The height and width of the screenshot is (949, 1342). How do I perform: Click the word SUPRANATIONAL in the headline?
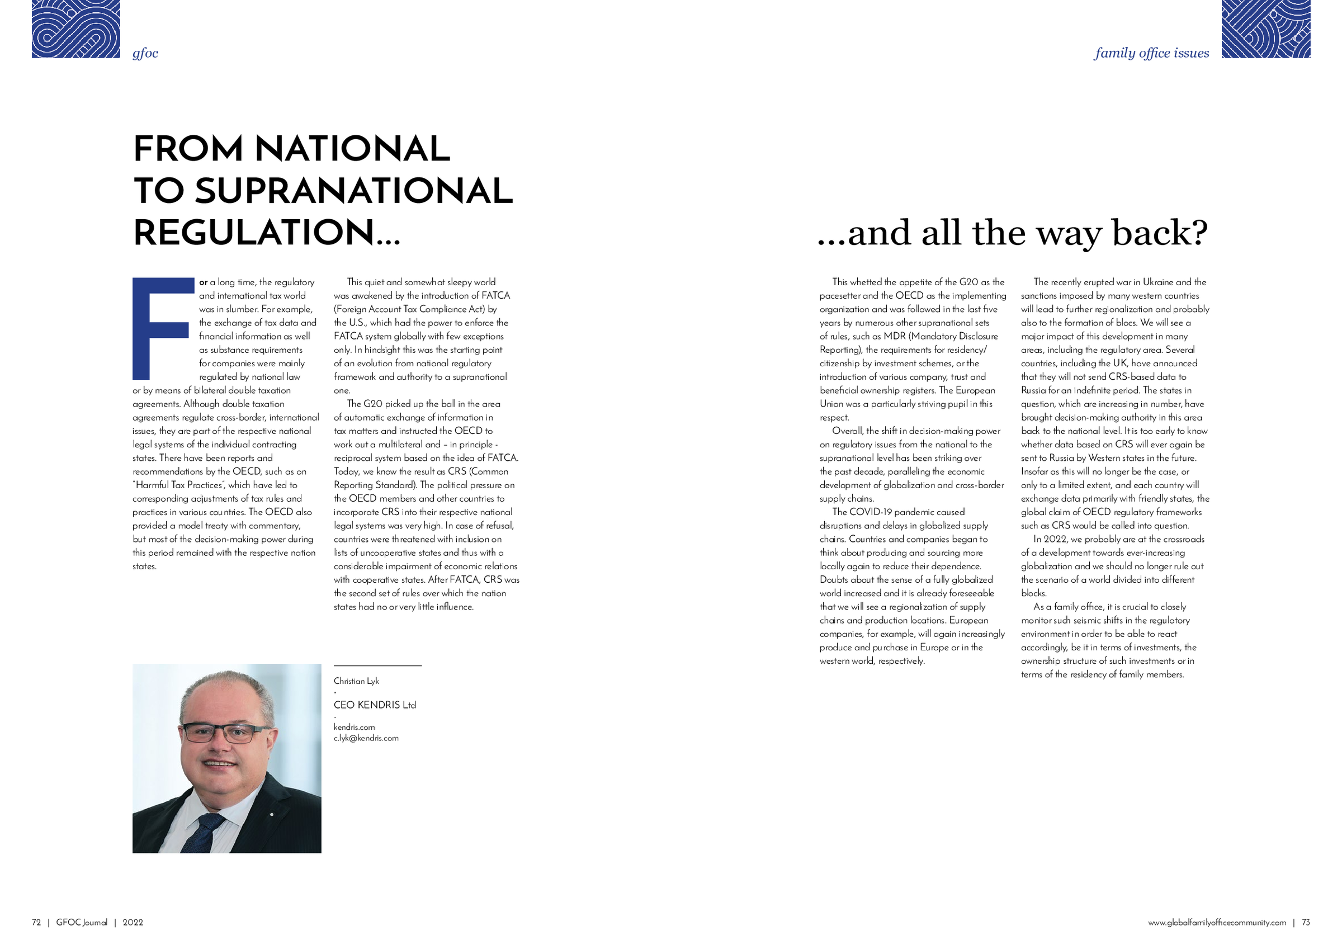(353, 191)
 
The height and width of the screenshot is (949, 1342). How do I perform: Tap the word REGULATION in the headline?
(254, 232)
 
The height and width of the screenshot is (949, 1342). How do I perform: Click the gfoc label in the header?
(145, 53)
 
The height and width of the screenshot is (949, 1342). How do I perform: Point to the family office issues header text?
(1151, 53)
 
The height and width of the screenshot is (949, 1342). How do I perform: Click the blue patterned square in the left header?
(75, 29)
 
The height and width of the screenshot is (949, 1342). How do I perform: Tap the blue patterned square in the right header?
(1265, 29)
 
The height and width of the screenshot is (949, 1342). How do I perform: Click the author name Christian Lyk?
(356, 681)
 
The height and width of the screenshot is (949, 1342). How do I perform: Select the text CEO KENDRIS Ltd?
(375, 705)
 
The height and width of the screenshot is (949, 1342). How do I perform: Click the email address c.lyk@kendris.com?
(366, 738)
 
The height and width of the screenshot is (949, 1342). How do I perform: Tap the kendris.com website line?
(354, 727)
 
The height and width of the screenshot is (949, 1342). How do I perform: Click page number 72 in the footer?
(36, 922)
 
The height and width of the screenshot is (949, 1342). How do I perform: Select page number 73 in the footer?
(1306, 922)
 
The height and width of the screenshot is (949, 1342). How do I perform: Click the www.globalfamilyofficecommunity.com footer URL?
(1217, 922)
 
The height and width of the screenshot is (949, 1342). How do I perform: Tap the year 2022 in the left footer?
(133, 922)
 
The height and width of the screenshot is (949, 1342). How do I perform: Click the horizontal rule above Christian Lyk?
(377, 666)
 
